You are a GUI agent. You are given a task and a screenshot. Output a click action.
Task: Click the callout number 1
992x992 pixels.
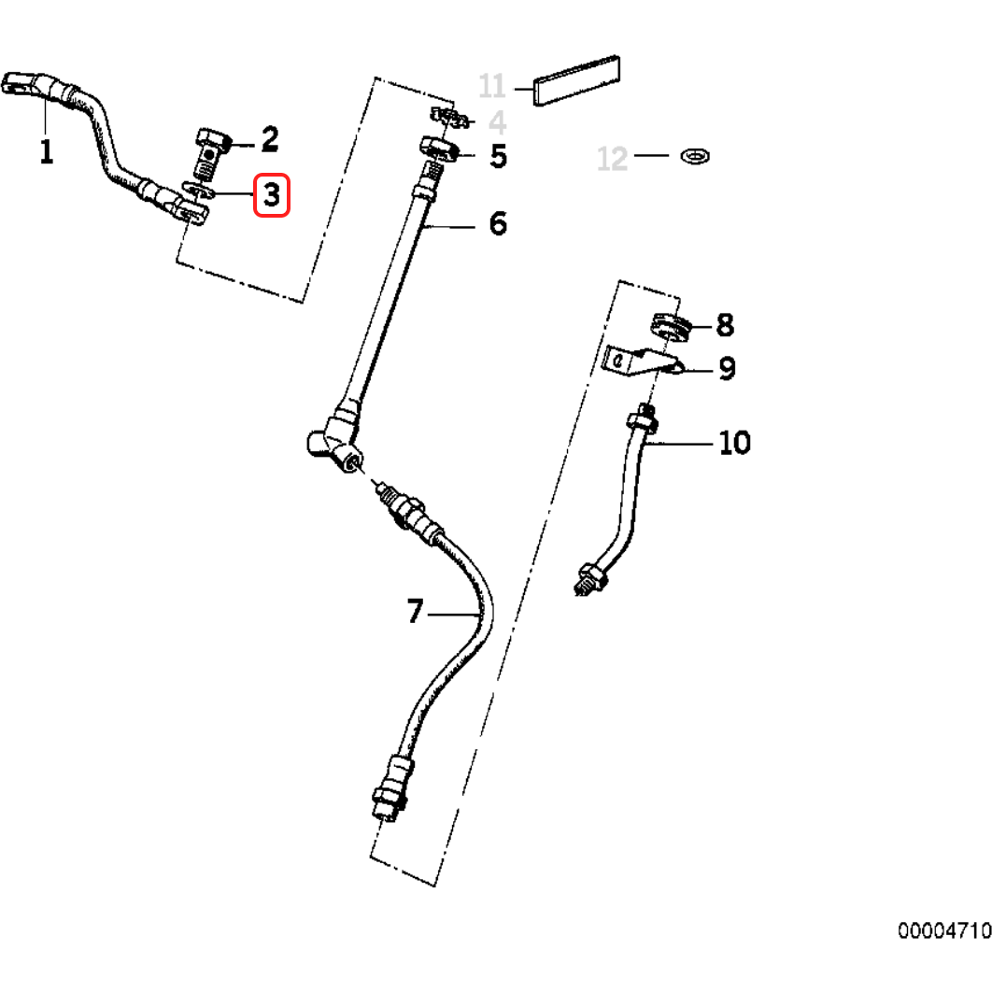46,150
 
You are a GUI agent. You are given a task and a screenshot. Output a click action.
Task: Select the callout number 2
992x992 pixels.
269,140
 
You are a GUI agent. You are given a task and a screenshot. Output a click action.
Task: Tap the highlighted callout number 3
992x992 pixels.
272,196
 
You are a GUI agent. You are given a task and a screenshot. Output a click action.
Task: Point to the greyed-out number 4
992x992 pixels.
497,122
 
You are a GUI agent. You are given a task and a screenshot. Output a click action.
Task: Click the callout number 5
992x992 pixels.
498,156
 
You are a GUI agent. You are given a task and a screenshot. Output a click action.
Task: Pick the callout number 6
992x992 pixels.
497,223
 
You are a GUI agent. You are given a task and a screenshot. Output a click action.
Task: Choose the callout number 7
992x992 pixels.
416,613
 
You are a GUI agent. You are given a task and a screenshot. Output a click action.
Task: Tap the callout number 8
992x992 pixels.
725,325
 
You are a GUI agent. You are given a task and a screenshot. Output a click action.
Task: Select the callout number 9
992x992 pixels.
727,369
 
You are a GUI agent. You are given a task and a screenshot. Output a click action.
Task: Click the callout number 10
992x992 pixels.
734,442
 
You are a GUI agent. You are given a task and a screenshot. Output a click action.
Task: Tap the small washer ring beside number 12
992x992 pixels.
694,153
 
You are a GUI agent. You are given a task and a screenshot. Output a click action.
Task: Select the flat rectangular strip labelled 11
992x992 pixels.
576,81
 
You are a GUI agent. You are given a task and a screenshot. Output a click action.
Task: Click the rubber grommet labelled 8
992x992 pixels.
669,327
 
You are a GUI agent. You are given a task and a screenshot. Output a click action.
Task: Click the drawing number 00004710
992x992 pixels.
943,931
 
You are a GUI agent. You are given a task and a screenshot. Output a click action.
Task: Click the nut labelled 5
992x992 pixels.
437,149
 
